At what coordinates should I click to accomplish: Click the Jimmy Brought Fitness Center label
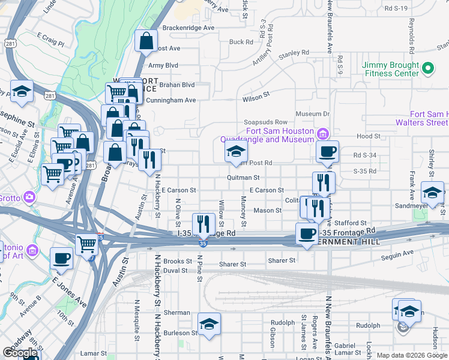coord(390,69)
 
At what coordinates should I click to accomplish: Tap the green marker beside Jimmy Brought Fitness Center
coord(427,69)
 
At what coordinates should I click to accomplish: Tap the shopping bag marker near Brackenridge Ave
coord(146,41)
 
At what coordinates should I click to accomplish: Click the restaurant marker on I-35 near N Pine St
coord(204,224)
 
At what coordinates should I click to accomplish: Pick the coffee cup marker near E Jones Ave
coord(61,259)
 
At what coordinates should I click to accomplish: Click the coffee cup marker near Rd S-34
coord(328,152)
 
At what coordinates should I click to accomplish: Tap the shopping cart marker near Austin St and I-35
coord(87,245)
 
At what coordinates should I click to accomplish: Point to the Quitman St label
coord(243,178)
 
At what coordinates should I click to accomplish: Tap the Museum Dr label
coord(313,114)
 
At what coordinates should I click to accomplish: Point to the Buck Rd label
coord(241,42)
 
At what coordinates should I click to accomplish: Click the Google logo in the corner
coord(20,353)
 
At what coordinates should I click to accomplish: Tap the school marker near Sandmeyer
coord(432,193)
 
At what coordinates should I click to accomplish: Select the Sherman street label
coord(177,313)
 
